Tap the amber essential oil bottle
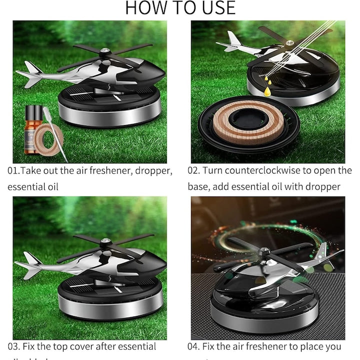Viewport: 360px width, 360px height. [33, 130]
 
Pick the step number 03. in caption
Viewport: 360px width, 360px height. [14, 346]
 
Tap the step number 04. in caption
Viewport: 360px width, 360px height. [195, 346]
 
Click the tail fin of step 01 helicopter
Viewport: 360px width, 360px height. [31, 70]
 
